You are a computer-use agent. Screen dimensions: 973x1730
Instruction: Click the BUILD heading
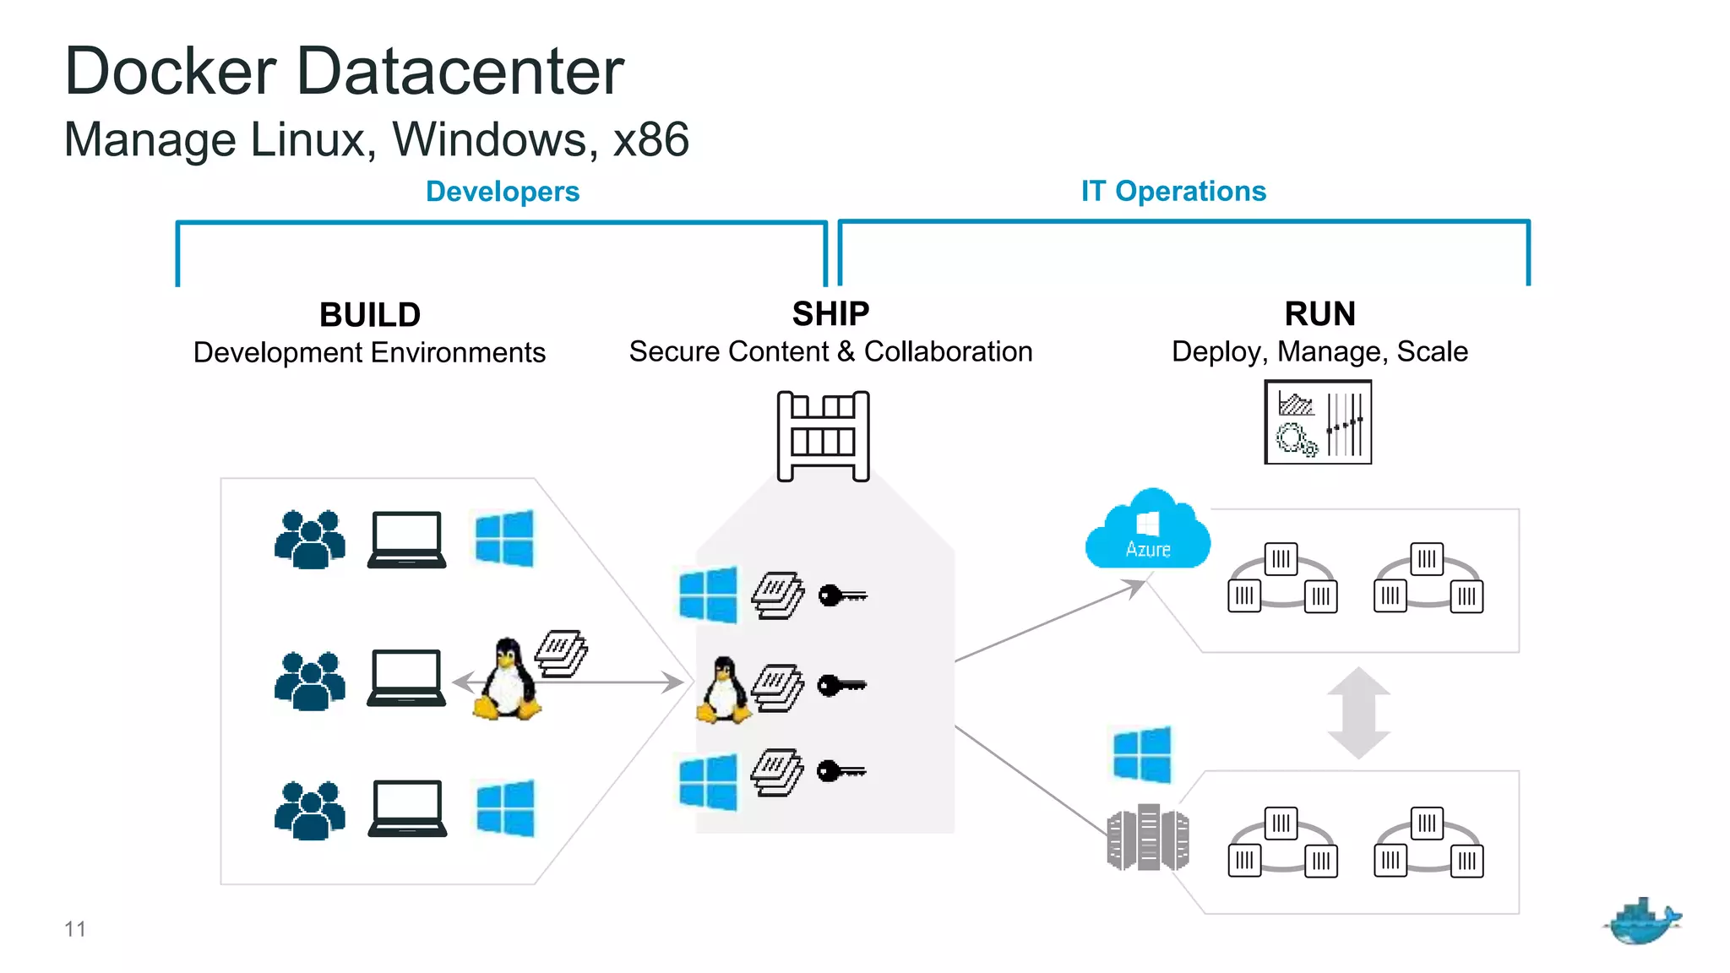tap(370, 315)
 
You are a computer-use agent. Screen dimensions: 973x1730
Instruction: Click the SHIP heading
tap(830, 314)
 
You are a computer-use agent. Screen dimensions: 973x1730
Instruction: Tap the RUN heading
tap(1319, 314)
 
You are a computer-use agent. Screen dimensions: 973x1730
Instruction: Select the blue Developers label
tap(503, 192)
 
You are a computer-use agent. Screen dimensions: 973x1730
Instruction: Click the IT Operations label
tap(1173, 191)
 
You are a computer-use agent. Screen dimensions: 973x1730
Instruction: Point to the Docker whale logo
tap(1641, 921)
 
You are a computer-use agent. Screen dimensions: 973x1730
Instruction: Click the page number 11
tap(75, 929)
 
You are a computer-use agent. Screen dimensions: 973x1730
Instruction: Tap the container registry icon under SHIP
tap(823, 436)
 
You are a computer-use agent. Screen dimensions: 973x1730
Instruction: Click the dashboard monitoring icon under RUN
tap(1317, 422)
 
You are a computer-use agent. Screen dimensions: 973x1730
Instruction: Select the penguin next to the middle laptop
tap(507, 679)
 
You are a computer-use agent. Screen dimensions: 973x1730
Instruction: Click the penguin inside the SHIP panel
tap(723, 690)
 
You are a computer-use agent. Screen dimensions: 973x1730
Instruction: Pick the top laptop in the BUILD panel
tap(406, 540)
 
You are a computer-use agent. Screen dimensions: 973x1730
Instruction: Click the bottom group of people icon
tap(310, 811)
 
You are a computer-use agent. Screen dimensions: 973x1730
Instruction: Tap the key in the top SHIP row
tap(842, 595)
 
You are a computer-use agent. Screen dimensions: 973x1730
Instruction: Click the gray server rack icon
tap(1147, 837)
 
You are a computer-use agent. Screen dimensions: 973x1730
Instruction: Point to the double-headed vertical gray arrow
tap(1358, 712)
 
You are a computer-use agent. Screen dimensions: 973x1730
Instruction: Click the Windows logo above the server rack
tap(1142, 754)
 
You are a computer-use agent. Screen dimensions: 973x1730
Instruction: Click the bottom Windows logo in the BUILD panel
tap(505, 808)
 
